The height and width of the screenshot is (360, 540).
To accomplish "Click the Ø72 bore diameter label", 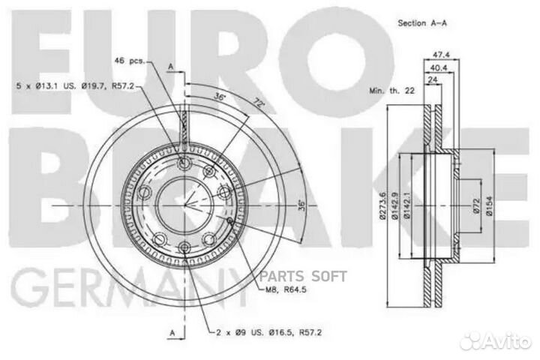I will click(475, 207).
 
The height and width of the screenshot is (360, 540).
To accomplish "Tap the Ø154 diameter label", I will click(488, 207).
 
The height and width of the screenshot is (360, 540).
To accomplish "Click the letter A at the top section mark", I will click(170, 67).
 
